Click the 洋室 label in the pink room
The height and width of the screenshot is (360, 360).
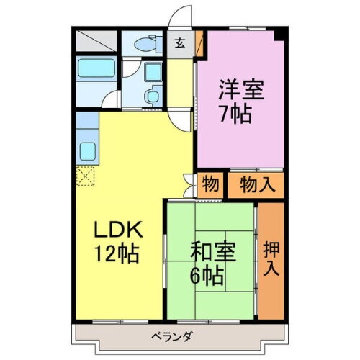pos(241,91)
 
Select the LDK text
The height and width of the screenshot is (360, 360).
pos(122,232)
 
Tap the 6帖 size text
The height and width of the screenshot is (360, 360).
pos(207,274)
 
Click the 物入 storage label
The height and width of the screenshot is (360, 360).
pos(257,184)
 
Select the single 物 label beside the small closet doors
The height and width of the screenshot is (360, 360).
pos(210,184)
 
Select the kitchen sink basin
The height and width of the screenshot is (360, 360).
pos(89,152)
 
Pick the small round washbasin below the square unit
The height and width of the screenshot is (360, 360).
pos(152,96)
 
